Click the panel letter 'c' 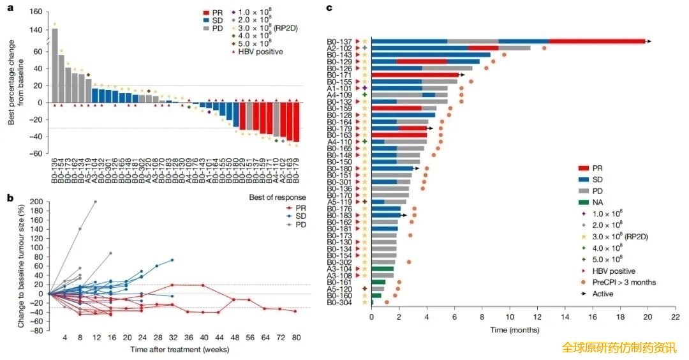click(x=329, y=8)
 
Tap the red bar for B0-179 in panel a click(x=296, y=122)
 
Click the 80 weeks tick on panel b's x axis click(x=295, y=337)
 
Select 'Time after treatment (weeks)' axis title click(x=172, y=350)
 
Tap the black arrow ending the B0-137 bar click(x=649, y=41)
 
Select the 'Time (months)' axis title click(x=515, y=330)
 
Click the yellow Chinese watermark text click(x=619, y=348)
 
